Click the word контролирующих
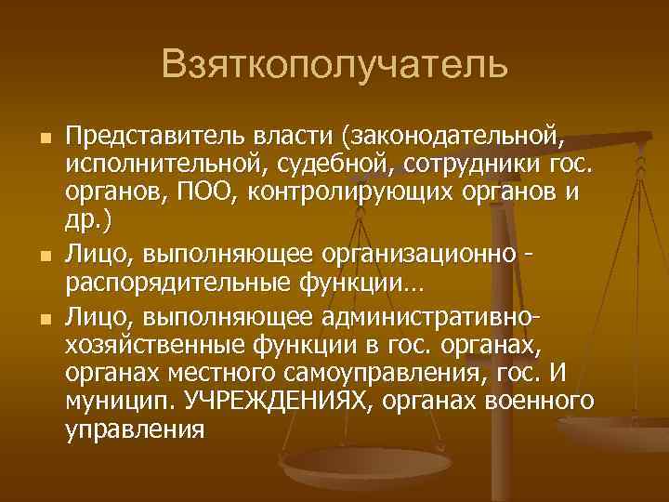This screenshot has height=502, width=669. click(357, 195)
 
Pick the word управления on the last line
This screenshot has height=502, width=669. click(135, 431)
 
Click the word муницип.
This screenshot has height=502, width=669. click(121, 403)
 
